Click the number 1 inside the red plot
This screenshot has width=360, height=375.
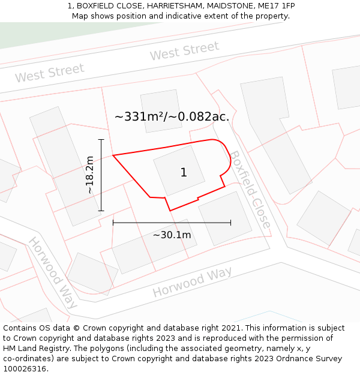point(184,173)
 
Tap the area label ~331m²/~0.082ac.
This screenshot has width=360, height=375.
point(172,117)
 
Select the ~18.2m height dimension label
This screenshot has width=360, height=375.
point(90,175)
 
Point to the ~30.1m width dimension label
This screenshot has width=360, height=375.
point(172,235)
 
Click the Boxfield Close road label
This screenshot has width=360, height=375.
point(250,189)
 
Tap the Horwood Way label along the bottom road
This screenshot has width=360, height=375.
point(192,283)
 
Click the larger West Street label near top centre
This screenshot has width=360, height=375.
point(184,52)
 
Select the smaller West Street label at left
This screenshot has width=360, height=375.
point(49,73)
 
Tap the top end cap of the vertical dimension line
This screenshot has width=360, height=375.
point(101,140)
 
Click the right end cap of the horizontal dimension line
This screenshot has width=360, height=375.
point(230,223)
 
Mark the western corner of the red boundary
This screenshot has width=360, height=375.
point(113,155)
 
